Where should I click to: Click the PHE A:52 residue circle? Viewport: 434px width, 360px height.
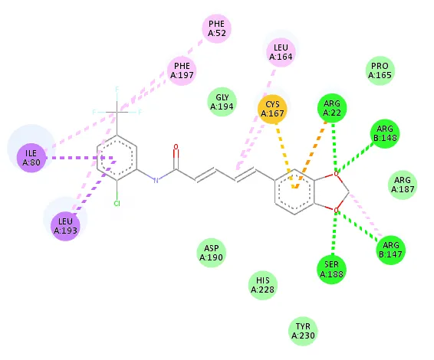[x=217, y=28]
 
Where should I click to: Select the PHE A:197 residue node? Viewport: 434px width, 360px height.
[x=182, y=70]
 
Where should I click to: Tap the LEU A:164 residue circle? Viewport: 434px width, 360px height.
[x=281, y=52]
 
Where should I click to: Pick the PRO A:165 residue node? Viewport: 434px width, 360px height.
[x=380, y=70]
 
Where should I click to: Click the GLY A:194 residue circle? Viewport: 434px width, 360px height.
[x=222, y=102]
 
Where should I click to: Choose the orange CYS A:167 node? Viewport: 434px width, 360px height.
[x=272, y=109]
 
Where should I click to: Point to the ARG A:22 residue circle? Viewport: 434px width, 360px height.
[x=332, y=109]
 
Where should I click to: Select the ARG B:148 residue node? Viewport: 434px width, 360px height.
[x=385, y=133]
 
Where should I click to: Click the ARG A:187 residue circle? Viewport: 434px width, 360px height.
[x=403, y=185]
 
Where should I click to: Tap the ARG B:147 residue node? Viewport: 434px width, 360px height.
[x=390, y=250]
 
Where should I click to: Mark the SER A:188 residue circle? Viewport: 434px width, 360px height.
[x=331, y=270]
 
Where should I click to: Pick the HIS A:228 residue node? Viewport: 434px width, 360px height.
[x=263, y=286]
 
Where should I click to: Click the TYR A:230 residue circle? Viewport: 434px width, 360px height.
[x=303, y=331]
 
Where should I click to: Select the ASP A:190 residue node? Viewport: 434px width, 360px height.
[x=211, y=253]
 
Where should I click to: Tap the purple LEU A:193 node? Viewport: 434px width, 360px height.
[x=65, y=226]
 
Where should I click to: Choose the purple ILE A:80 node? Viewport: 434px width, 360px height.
[x=31, y=158]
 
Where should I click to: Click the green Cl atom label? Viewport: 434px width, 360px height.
[x=117, y=204]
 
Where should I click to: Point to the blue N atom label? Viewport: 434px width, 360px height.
[x=156, y=181]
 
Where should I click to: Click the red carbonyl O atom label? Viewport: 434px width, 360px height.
[x=176, y=147]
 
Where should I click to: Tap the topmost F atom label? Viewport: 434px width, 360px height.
[x=117, y=89]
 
